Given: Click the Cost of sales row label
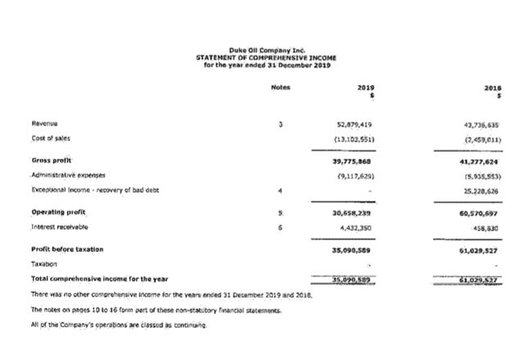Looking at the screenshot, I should [x=48, y=139].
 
